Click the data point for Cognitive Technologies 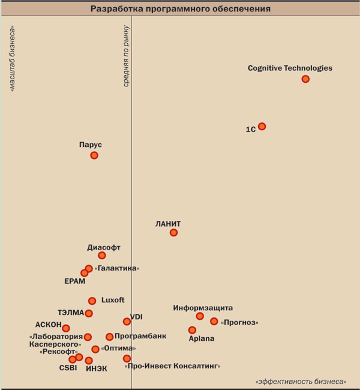[305, 79]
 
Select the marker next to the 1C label [262, 127]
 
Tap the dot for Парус [94, 155]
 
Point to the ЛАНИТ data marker [173, 232]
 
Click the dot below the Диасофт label [102, 256]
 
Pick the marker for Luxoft [92, 301]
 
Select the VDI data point [127, 321]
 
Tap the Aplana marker [192, 330]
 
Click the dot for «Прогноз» [214, 321]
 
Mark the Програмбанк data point [109, 337]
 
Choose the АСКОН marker [66, 328]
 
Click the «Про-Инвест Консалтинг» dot [127, 358]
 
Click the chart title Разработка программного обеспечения [180, 9]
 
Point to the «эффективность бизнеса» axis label [301, 382]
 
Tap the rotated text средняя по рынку [126, 56]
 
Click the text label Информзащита [203, 308]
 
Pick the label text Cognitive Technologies [290, 68]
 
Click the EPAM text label [75, 281]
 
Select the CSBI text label [68, 368]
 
